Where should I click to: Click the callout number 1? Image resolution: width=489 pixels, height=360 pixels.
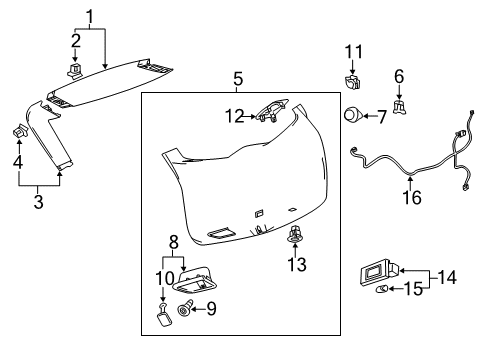click(90, 16)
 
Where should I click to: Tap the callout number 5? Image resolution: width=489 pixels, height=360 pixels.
click(237, 78)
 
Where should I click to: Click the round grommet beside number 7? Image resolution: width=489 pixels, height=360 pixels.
click(355, 116)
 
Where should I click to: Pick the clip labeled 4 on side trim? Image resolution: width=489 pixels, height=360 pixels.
click(20, 130)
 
